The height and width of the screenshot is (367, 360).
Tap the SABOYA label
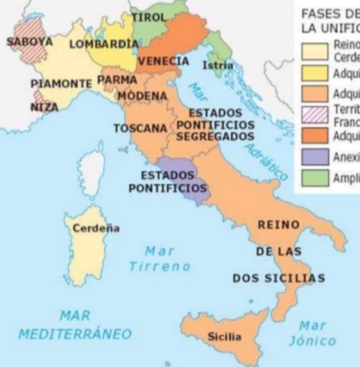tap(30, 41)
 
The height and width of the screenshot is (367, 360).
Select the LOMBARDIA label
tap(103, 44)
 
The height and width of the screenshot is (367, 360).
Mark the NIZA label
tap(44, 107)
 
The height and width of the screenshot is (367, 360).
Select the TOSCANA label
tap(140, 128)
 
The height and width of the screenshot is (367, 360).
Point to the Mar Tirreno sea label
tap(159, 258)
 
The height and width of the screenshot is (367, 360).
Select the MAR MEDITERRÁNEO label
tap(75, 325)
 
